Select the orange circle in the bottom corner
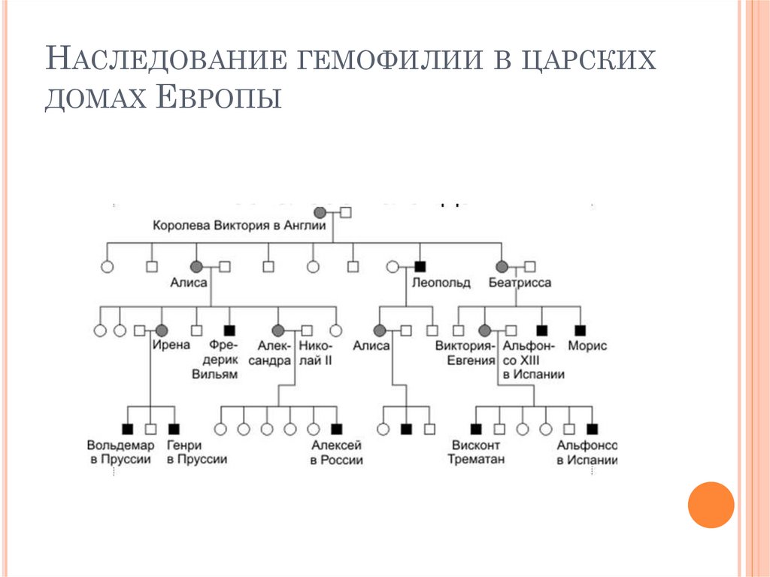click(x=710, y=504)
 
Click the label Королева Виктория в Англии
click(x=238, y=225)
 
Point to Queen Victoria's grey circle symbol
click(x=320, y=212)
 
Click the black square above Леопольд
click(x=420, y=266)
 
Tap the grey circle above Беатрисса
click(x=502, y=266)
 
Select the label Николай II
click(x=315, y=353)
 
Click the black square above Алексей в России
click(x=336, y=430)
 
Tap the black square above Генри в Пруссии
click(x=174, y=430)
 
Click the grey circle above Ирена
click(x=160, y=329)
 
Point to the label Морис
click(x=587, y=346)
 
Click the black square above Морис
click(x=580, y=329)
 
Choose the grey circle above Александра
click(x=277, y=329)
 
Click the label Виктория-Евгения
click(x=465, y=353)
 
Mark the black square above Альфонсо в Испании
click(x=593, y=430)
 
